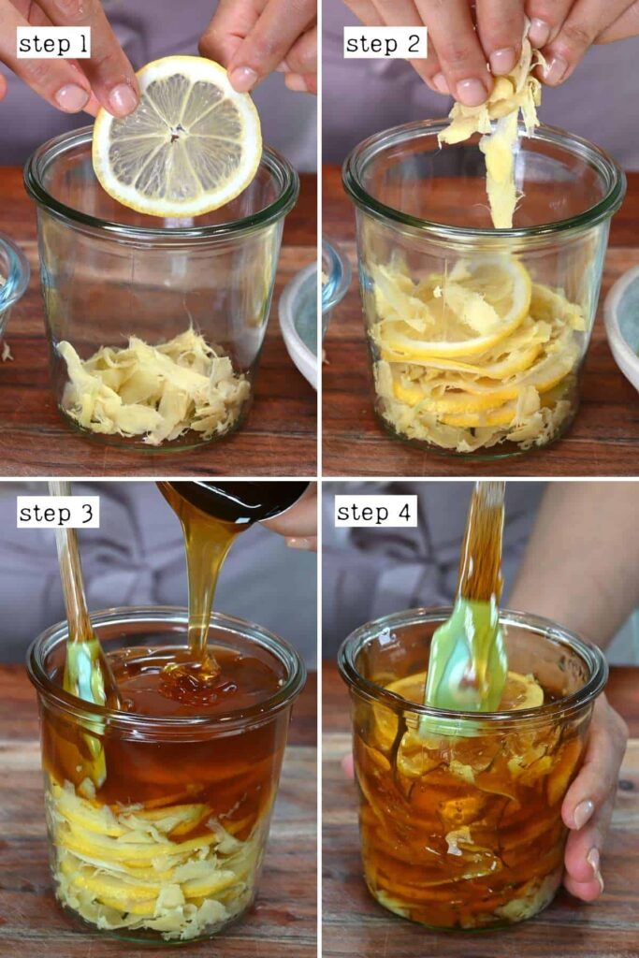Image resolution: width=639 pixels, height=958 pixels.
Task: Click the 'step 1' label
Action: [x=53, y=43]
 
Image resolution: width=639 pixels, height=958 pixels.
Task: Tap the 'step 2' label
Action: [x=385, y=43]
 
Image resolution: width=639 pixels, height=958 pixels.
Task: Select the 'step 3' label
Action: [x=57, y=512]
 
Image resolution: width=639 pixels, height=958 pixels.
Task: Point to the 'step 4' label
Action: [x=376, y=511]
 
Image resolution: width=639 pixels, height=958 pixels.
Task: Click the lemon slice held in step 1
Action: [x=177, y=136]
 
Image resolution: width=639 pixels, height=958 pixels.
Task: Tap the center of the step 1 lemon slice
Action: [x=178, y=129]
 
